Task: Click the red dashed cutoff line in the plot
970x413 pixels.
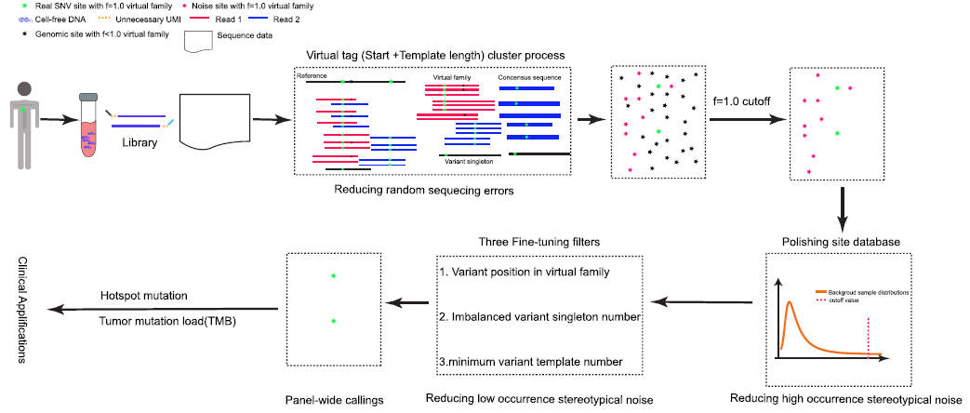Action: click(869, 335)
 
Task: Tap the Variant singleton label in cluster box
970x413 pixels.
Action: click(470, 160)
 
